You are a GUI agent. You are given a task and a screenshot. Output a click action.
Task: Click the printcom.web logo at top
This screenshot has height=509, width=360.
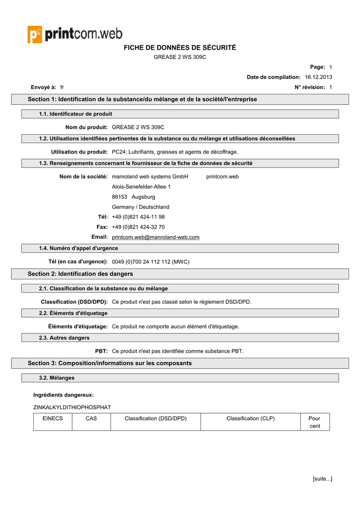tap(75, 34)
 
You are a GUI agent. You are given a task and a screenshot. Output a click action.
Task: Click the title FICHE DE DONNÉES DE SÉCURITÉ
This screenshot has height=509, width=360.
tap(180, 48)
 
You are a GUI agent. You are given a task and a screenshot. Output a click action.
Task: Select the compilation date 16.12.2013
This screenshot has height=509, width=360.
tap(318, 77)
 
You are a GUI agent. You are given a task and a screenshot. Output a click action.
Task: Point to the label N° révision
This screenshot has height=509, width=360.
tap(310, 87)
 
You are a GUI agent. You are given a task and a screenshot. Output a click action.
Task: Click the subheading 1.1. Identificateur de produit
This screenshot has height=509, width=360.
tap(76, 114)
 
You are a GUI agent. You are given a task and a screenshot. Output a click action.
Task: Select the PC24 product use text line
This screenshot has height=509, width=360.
tap(175, 152)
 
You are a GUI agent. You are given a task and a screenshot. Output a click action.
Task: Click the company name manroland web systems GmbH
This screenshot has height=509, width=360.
tap(150, 176)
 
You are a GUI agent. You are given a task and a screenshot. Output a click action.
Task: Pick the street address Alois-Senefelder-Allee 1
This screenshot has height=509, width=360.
tap(141, 186)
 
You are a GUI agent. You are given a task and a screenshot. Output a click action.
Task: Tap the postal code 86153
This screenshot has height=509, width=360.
tap(120, 197)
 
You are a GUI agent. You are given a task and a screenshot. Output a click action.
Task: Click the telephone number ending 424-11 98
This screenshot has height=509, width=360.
tap(138, 217)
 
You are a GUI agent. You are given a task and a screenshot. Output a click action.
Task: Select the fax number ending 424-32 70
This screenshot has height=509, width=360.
tap(138, 227)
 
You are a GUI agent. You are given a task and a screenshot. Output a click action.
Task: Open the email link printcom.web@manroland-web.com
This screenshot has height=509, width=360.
tap(156, 237)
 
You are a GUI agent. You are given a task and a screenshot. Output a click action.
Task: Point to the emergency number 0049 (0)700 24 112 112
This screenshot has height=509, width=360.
tap(151, 261)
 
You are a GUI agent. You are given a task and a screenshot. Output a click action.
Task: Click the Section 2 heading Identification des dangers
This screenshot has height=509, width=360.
tap(81, 274)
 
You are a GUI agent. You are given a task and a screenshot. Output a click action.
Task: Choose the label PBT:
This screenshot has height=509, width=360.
tap(101, 351)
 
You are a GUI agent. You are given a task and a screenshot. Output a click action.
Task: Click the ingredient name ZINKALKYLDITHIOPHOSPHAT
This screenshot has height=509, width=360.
tap(72, 407)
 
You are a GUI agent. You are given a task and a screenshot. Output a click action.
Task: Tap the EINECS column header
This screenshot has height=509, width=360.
tap(53, 419)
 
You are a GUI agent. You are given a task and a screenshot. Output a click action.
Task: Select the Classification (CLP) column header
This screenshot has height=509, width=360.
tap(251, 419)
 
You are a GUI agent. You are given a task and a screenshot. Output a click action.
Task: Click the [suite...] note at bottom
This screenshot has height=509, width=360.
tap(322, 479)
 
